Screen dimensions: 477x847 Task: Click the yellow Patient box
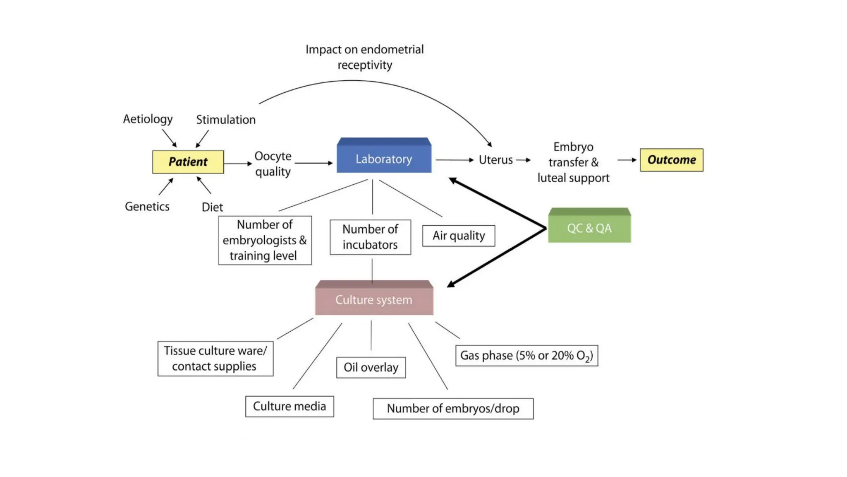coord(188,162)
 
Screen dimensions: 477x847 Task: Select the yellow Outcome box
coord(671,160)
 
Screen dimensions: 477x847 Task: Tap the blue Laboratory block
coord(384,159)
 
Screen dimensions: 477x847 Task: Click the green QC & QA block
coord(589,228)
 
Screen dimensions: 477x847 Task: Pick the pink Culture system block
coord(374,300)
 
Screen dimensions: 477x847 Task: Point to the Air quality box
coord(458,236)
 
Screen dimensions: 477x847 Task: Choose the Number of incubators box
coord(370,237)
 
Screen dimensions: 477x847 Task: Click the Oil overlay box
coord(371,367)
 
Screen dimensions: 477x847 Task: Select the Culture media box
coord(290,406)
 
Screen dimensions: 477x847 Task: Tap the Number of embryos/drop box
coord(453,409)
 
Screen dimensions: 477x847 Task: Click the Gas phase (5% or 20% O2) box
coord(526,356)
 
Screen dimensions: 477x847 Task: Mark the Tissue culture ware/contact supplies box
coord(215,358)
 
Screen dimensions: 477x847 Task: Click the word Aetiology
coord(148,119)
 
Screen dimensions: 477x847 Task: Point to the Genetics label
coord(147,206)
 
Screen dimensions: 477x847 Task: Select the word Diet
coord(212,207)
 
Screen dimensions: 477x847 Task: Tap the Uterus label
coord(495,160)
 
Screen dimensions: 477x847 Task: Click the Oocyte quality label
coord(273,164)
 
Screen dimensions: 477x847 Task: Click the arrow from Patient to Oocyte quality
coord(238,164)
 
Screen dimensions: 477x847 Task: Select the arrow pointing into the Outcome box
coord(627,160)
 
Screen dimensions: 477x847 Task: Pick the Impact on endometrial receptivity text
coord(364,57)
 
